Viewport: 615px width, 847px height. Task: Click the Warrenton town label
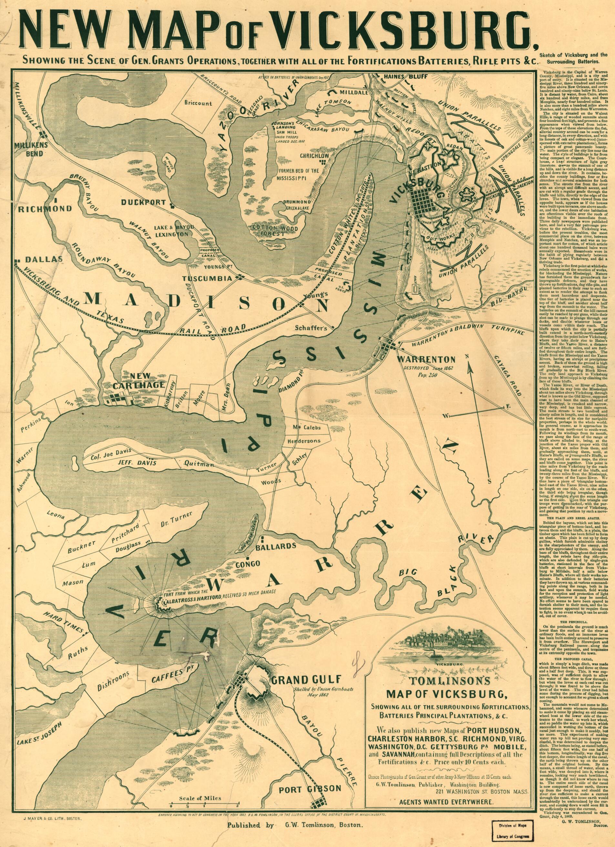coord(426,360)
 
